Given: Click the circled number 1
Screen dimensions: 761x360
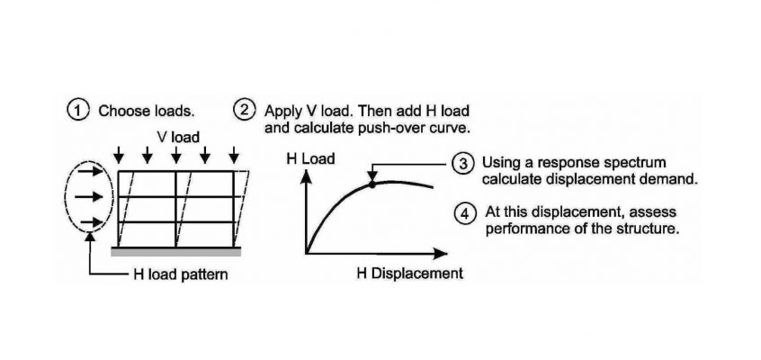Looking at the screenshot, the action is coord(77,111).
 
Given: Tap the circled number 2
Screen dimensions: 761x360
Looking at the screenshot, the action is coord(244,111).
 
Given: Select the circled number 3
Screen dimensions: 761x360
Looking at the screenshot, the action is coord(463,163).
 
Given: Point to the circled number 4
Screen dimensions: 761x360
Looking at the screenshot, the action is coord(465,213).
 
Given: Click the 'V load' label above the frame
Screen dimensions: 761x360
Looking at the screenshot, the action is coord(177,138).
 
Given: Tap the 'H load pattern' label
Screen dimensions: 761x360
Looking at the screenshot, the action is coord(181,274).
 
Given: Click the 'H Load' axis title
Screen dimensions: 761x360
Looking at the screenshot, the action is coord(310,159).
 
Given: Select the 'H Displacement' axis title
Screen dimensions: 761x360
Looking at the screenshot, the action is coord(410,274).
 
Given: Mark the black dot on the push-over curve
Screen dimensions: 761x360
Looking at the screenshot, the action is coord(372,184).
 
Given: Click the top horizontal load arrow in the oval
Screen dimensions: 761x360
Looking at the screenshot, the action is coord(91,172).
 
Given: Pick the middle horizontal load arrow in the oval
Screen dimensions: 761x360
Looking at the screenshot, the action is coord(91,197).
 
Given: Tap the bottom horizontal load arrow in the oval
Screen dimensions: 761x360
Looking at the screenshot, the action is coord(91,222).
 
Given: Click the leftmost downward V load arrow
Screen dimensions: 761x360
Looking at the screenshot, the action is coord(119,155).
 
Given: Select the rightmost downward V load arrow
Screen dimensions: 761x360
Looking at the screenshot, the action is coord(234,155).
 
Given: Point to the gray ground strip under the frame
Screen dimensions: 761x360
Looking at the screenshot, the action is coord(176,252).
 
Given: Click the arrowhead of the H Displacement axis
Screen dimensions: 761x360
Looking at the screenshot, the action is coord(440,253).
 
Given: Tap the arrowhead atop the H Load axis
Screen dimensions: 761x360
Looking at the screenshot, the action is coord(306,177).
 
